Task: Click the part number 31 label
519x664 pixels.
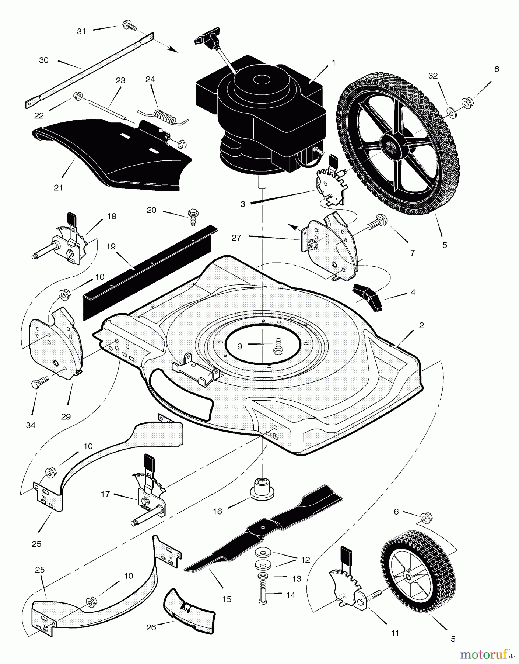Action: click(81, 32)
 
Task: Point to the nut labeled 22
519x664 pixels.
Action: click(77, 97)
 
